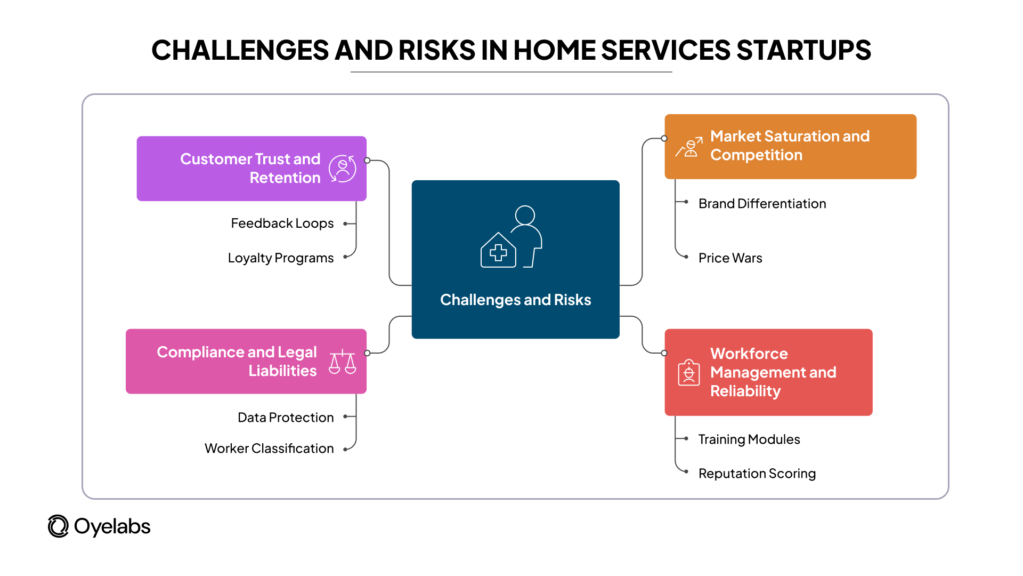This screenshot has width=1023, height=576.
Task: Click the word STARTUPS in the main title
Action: coord(803,51)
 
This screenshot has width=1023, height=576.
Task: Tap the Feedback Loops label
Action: coord(282,223)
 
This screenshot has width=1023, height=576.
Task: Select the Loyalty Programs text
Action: coord(280,258)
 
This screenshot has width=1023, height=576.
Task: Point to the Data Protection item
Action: coord(286,418)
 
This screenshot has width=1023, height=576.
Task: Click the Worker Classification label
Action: coord(269,449)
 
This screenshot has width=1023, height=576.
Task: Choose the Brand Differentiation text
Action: coord(762,204)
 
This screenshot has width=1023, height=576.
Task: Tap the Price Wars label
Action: coord(730,258)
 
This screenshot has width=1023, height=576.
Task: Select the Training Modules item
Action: coord(749,439)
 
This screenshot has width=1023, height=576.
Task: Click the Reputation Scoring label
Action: coord(757,474)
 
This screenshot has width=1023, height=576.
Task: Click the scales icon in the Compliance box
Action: coord(342,362)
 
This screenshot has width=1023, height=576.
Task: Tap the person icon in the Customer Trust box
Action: coord(343,169)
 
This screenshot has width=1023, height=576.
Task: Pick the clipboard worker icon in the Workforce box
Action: coord(688,372)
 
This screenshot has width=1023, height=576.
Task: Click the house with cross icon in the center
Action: coord(498,251)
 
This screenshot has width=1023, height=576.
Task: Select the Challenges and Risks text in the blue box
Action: coord(515,300)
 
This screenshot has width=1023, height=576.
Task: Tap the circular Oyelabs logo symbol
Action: coord(58,526)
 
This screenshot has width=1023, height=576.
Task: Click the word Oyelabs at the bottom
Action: coord(112,527)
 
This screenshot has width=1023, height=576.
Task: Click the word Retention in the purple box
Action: coord(285,178)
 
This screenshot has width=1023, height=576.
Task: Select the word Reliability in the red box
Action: coord(745,391)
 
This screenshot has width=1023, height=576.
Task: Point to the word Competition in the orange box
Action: coord(756,155)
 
